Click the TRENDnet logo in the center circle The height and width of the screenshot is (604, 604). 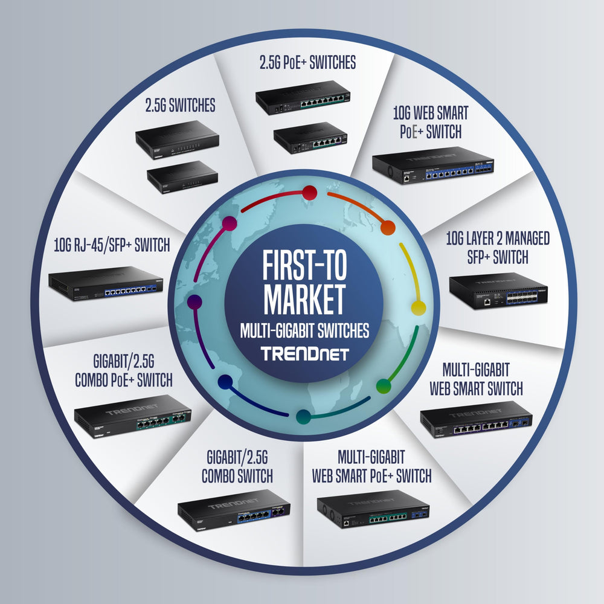point(304,353)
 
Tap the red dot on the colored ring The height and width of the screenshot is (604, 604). point(310,193)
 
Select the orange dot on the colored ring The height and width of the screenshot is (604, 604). point(388,228)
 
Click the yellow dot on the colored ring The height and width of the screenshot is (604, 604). point(418,307)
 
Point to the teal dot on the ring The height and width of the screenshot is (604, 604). point(304,416)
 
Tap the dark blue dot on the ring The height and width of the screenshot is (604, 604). point(225,382)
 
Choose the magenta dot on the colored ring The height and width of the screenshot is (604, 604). point(228,224)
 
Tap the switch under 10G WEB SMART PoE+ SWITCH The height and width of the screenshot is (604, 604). point(432,165)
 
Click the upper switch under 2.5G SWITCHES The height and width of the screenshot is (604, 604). point(176,140)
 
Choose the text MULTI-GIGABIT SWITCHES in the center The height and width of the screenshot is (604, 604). point(304,330)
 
